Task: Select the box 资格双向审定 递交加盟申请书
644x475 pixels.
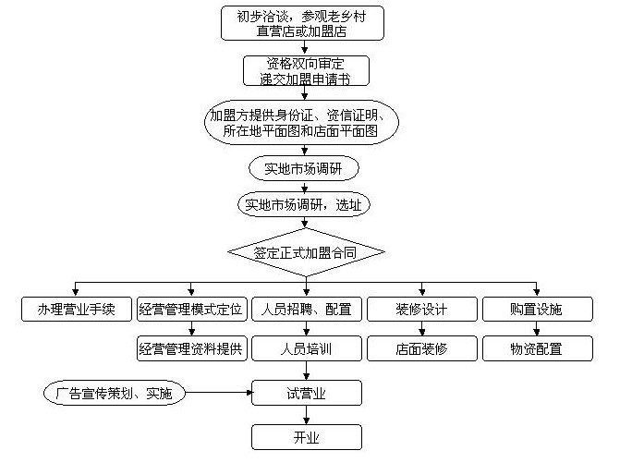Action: click(x=306, y=71)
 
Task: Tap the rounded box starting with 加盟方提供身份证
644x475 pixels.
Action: click(x=302, y=124)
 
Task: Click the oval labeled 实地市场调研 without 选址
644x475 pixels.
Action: click(x=302, y=169)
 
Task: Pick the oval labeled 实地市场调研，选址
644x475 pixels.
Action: click(x=303, y=205)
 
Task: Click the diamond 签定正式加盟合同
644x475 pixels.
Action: click(x=306, y=250)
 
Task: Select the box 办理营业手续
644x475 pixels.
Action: click(x=78, y=310)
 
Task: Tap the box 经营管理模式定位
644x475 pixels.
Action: click(x=191, y=310)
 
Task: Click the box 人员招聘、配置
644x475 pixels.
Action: click(x=306, y=310)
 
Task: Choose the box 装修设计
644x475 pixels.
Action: click(x=421, y=310)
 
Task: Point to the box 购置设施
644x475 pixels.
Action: click(x=537, y=310)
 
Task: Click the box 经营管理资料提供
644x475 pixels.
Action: click(x=191, y=349)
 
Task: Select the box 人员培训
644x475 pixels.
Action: click(x=306, y=349)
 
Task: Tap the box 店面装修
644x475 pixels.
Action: click(x=421, y=349)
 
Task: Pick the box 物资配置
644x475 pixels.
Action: click(x=537, y=349)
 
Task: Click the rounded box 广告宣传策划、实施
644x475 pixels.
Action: click(x=114, y=393)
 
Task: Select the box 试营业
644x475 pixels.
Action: click(x=306, y=393)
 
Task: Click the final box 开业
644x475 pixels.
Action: click(x=306, y=437)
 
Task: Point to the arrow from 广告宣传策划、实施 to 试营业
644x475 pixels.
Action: click(x=218, y=393)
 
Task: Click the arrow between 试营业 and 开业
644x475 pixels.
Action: click(x=306, y=415)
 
